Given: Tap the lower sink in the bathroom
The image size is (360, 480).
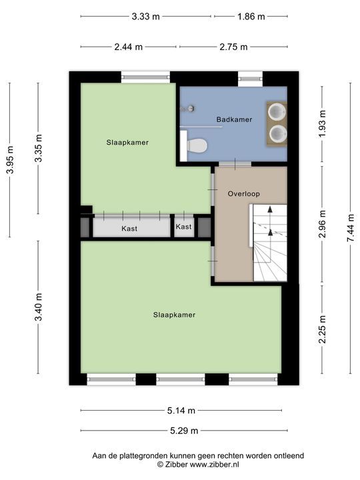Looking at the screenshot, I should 277,134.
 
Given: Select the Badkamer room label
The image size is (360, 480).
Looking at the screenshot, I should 234,119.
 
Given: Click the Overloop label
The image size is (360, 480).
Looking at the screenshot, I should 243,194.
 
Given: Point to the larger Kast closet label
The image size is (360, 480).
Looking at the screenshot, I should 129,228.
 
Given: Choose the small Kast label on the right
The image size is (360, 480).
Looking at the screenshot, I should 183,227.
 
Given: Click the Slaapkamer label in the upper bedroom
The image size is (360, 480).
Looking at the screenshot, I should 127,142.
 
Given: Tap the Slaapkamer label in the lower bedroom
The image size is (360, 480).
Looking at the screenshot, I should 174,315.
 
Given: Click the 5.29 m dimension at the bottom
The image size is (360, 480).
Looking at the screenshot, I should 183,431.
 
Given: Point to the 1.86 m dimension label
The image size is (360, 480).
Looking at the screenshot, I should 250,16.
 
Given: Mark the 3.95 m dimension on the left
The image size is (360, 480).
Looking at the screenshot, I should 9,160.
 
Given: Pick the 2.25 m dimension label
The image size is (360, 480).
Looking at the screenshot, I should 322,330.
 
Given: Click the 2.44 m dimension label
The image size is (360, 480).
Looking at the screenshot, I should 127,47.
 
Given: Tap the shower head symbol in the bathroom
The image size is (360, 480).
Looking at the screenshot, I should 190,108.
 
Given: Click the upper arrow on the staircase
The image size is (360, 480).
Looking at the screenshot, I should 270,210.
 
